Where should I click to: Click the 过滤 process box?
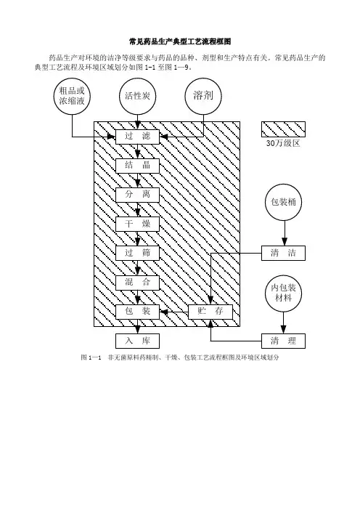(x=137, y=137)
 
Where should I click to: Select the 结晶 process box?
(x=137, y=166)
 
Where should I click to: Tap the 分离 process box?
(x=137, y=195)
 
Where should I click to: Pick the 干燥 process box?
(x=137, y=224)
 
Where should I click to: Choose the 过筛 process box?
(x=137, y=253)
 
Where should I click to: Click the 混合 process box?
(x=137, y=283)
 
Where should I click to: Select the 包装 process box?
(x=137, y=312)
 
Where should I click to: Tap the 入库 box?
(x=137, y=341)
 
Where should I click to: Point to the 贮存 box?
(x=210, y=312)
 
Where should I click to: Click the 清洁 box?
(x=283, y=253)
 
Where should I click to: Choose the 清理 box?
(x=283, y=341)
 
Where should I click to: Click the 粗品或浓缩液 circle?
(x=72, y=96)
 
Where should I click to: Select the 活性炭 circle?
(x=137, y=96)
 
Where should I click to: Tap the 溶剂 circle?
(x=203, y=96)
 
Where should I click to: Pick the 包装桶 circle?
(x=283, y=202)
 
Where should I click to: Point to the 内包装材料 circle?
(x=283, y=293)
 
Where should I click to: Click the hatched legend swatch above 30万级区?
(x=283, y=129)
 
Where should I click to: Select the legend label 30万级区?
(x=283, y=143)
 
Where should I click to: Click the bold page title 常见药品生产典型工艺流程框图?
(x=180, y=41)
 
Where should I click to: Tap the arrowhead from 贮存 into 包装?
(x=163, y=312)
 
